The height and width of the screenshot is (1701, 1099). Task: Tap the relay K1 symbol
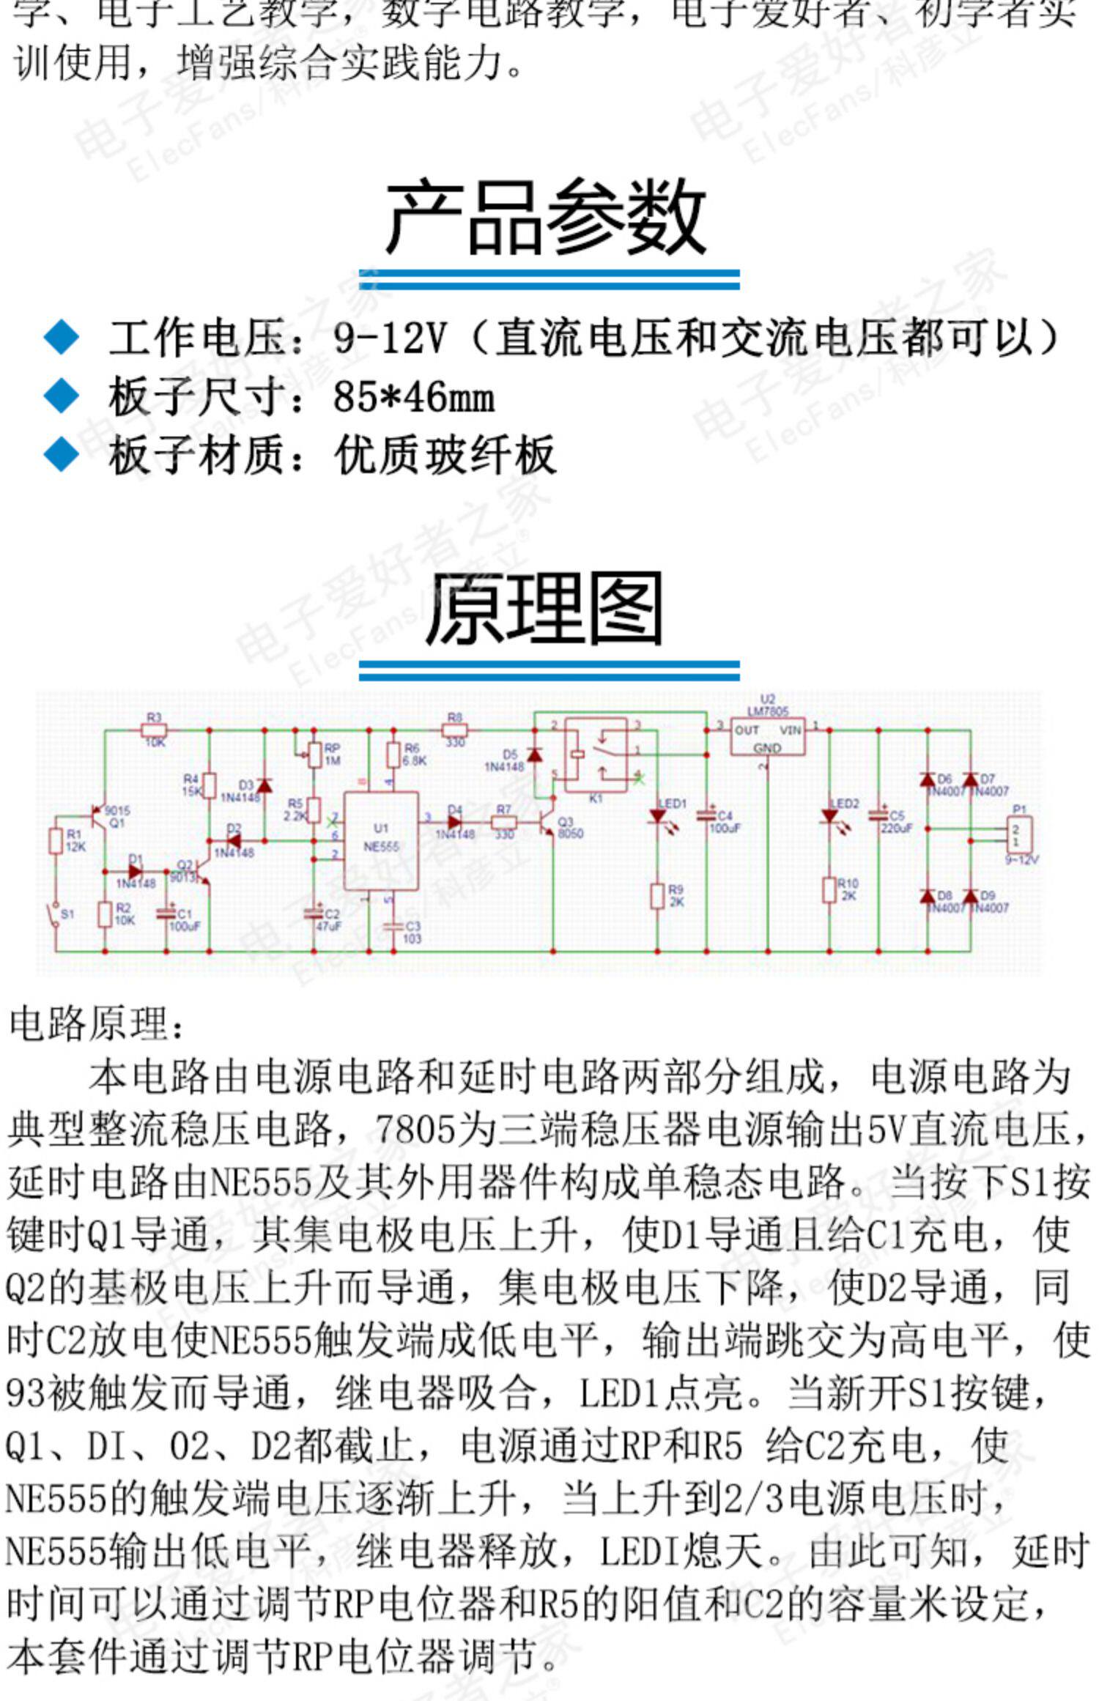596,755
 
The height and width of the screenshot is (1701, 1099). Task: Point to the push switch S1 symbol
55,914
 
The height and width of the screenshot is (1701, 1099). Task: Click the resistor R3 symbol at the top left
154,730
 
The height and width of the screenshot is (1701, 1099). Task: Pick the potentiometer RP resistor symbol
314,755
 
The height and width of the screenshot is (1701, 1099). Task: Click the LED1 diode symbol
657,816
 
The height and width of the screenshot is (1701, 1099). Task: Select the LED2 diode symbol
829,816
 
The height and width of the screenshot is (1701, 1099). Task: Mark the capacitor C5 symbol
878,815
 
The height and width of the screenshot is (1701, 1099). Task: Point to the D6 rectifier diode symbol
928,779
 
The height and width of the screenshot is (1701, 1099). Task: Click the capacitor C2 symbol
314,913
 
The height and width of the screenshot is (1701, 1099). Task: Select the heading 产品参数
547,218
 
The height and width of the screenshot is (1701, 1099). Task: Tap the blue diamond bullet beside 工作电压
62,338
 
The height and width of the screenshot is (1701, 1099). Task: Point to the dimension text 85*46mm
414,398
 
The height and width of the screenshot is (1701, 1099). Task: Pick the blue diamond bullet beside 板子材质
62,454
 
